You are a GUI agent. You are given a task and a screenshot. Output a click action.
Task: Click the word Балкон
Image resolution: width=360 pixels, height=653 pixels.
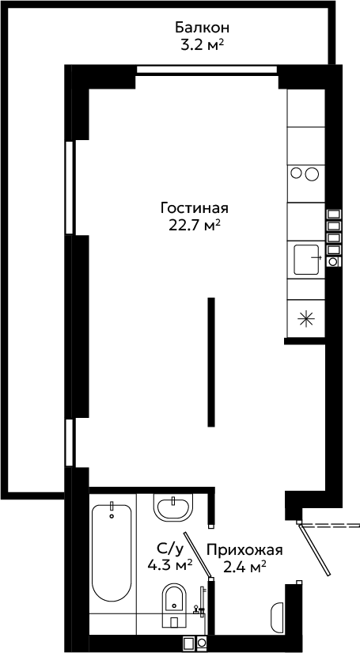(202, 28)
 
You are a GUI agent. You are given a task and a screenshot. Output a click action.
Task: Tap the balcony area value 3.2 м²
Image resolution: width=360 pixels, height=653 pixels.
(199, 44)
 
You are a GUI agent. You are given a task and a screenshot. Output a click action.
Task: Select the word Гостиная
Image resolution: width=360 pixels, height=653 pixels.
(195, 207)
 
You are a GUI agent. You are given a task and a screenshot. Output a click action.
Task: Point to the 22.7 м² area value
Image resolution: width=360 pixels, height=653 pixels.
(195, 225)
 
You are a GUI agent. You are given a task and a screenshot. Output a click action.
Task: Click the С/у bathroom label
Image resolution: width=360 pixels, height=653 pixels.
(170, 551)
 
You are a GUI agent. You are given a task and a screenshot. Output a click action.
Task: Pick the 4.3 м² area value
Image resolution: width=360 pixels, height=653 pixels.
(170, 564)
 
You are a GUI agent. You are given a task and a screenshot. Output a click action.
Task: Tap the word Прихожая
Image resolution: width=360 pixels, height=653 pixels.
(244, 550)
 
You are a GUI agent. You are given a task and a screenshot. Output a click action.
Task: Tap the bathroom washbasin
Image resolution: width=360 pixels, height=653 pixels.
(174, 507)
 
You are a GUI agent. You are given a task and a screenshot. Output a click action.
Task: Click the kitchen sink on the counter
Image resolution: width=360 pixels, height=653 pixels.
(307, 260)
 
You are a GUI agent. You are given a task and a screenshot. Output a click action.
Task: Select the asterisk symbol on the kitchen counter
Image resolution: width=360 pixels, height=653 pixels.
(306, 319)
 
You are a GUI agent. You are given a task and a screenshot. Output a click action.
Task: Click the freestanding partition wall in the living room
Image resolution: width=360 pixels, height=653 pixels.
(211, 362)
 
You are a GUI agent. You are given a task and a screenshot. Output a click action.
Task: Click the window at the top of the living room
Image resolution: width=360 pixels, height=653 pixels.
(207, 70)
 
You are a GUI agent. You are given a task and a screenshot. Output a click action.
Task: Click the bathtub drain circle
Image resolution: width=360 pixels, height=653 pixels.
(112, 516)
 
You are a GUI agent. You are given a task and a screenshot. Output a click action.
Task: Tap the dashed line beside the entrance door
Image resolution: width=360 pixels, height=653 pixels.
(331, 525)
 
